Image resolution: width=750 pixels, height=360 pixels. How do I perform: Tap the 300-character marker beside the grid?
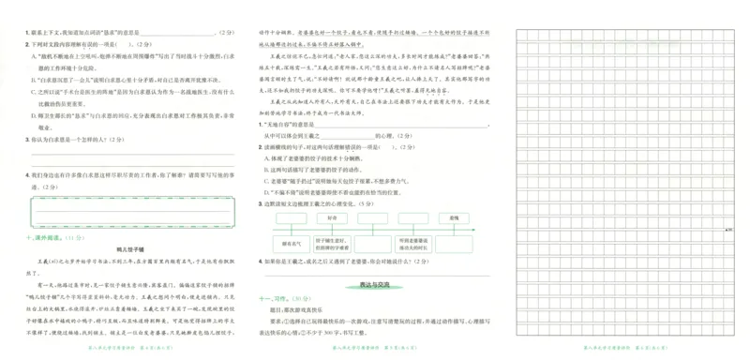(x=729, y=228)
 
